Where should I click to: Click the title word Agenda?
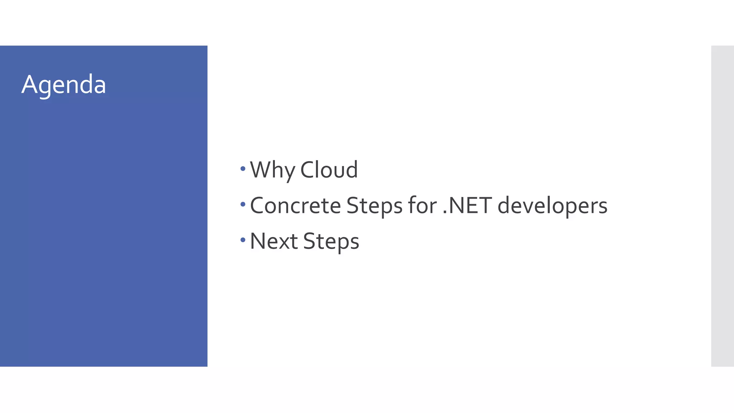(64, 85)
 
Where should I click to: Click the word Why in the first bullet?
(272, 170)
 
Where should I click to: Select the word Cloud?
(329, 170)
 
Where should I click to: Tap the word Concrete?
(295, 205)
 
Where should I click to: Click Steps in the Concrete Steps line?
(374, 206)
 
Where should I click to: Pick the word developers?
(552, 206)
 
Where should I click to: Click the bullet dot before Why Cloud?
(243, 168)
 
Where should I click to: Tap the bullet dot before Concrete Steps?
(243, 204)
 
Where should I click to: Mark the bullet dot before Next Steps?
(243, 240)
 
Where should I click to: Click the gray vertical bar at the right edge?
(722, 206)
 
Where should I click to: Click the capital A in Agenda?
(29, 85)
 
